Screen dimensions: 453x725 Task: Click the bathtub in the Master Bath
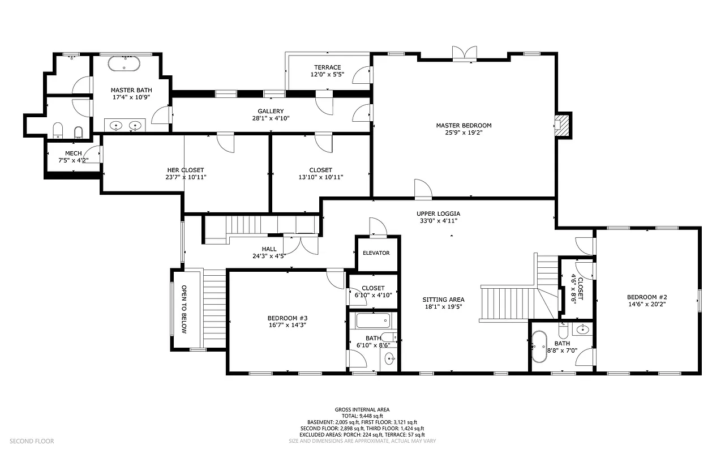124,63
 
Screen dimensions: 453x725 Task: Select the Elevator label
376,253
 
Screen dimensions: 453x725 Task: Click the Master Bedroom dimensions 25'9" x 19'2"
464,133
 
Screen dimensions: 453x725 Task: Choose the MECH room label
74,153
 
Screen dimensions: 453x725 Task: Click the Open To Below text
184,309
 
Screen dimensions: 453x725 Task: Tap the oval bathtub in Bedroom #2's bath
539,346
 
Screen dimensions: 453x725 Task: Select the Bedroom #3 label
288,318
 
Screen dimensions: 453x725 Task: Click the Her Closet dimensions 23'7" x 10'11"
185,177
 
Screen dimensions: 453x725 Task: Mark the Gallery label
271,111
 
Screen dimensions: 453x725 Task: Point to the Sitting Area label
443,300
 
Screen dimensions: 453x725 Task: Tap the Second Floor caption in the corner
32,441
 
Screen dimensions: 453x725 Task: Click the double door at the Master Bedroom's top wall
464,53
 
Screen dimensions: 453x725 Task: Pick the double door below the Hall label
300,243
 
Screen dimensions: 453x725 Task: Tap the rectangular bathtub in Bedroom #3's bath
372,321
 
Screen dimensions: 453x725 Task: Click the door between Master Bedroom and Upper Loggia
423,190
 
